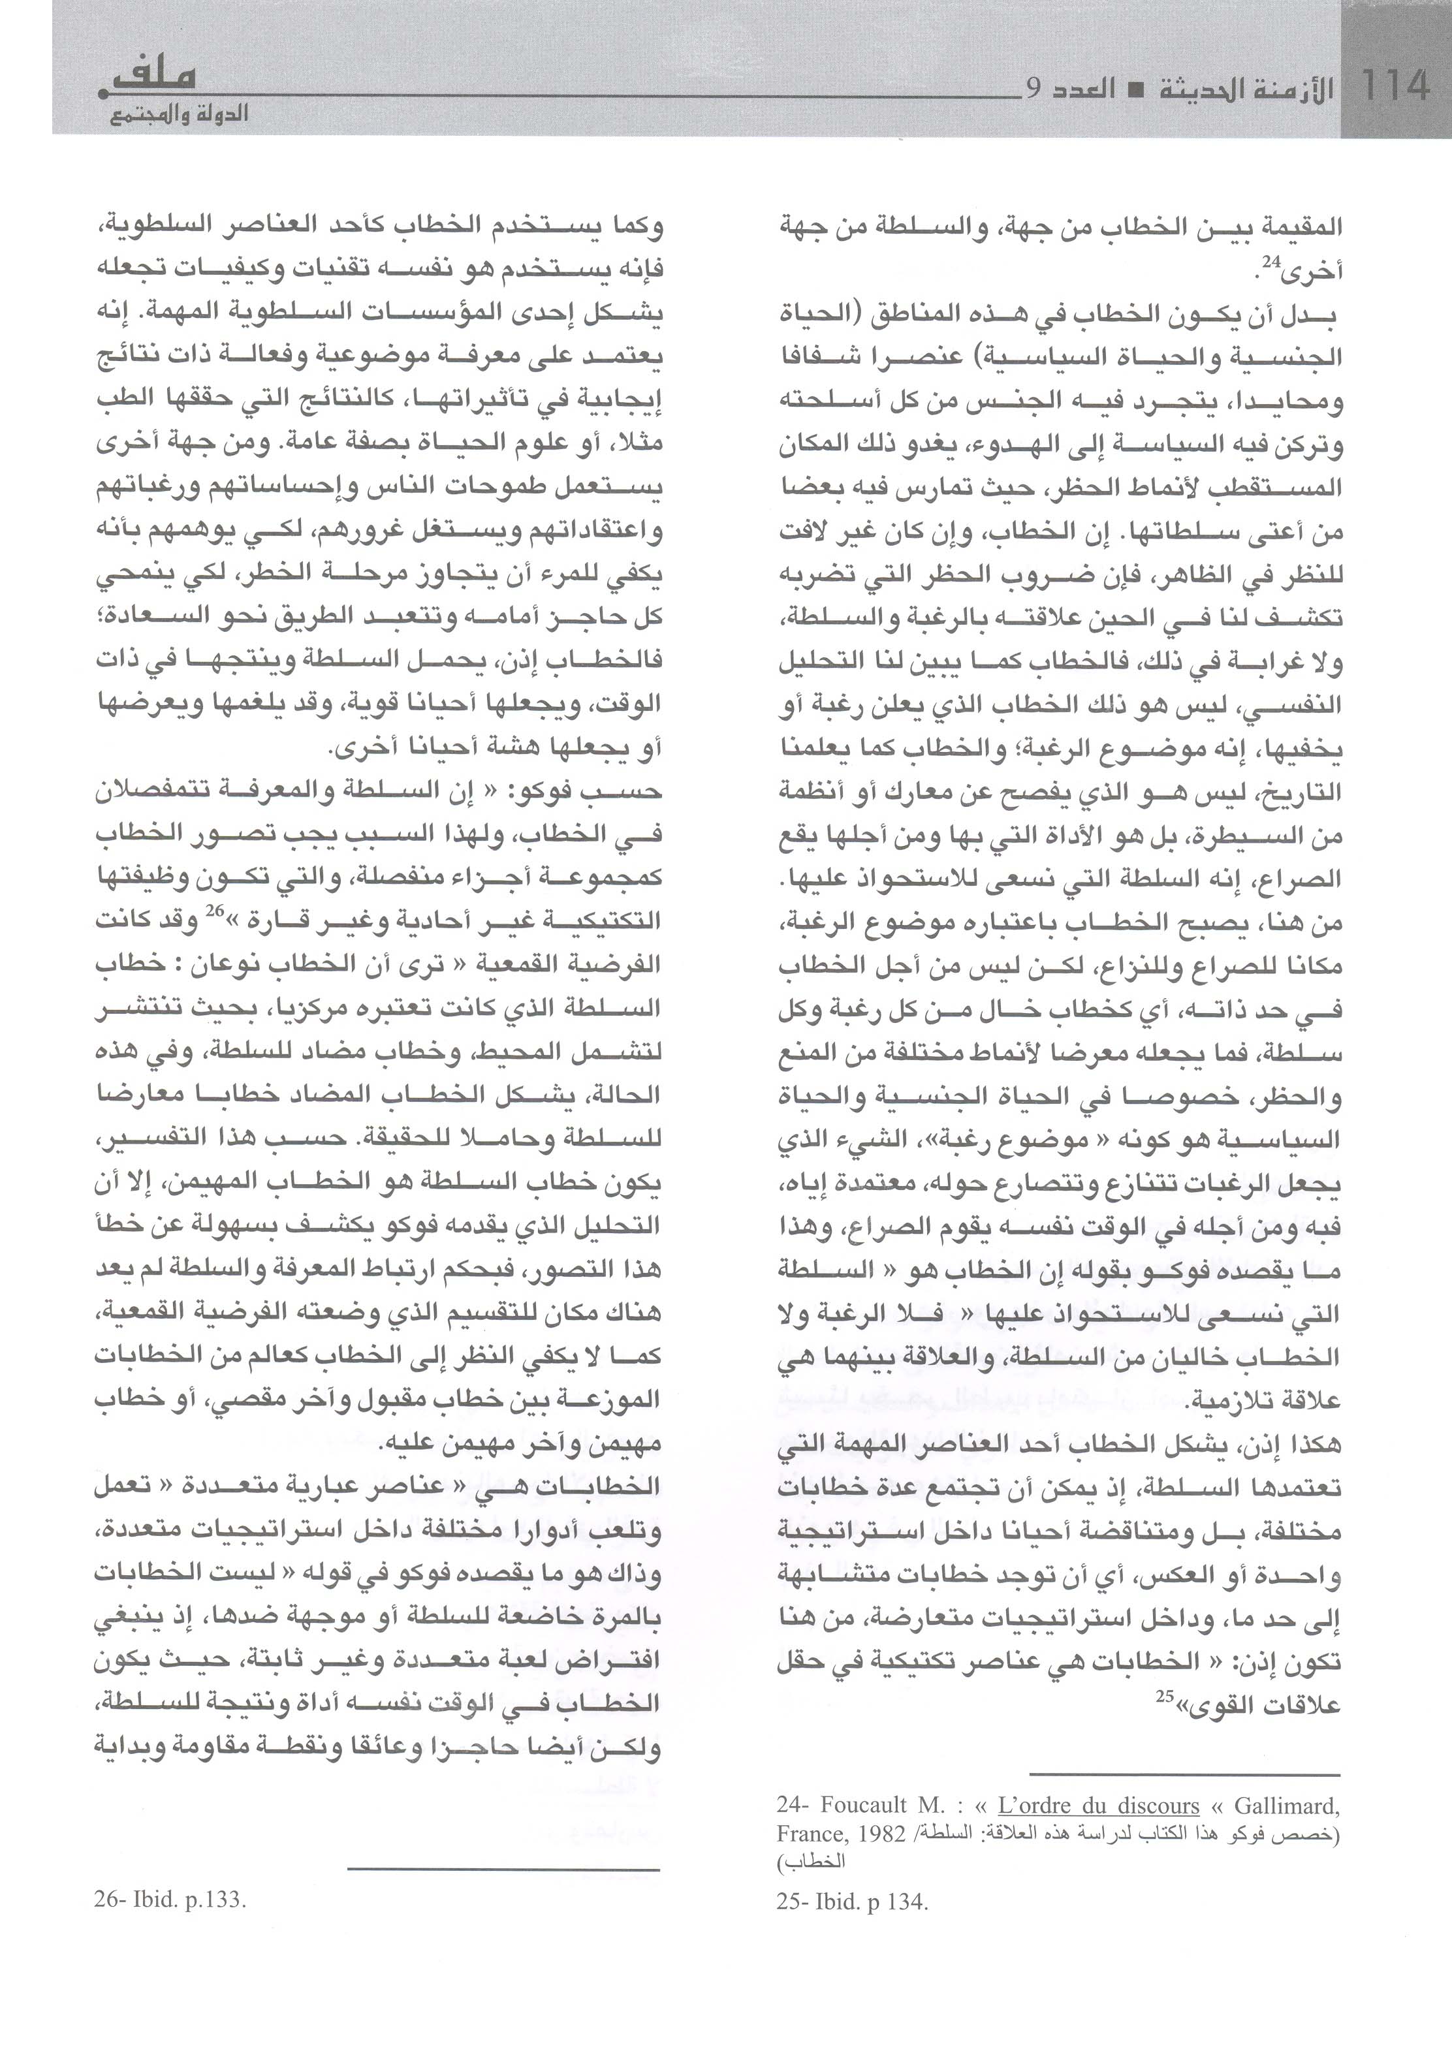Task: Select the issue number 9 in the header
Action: [x=1034, y=88]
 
